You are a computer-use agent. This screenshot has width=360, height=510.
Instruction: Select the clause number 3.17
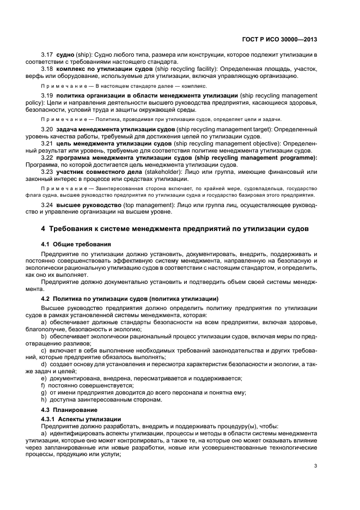48,54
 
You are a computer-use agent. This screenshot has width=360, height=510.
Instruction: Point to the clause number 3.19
48,95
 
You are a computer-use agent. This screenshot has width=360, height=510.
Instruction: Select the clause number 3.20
48,129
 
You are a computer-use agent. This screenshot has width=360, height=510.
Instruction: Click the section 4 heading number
44,228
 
